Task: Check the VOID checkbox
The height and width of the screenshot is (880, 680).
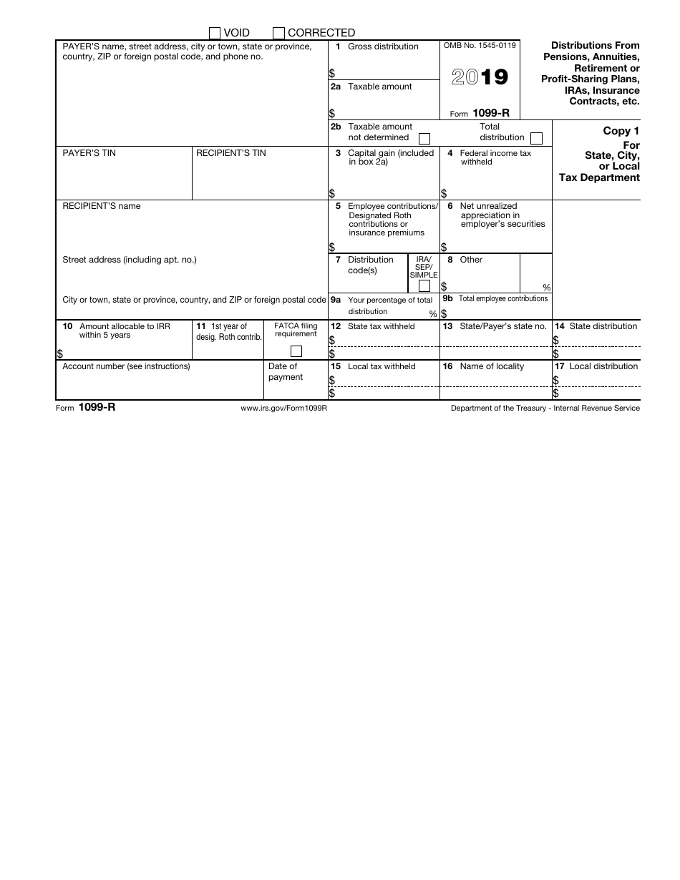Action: point(215,33)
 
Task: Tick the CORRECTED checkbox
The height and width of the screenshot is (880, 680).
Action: point(279,33)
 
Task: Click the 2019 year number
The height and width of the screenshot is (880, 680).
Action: point(480,77)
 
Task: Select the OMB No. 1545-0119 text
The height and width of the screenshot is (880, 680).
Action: point(480,46)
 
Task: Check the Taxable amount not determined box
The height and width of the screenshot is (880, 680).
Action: point(424,138)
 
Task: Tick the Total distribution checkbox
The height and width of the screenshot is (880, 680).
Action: point(536,138)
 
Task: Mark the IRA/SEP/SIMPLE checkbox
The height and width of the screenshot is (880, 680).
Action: point(424,286)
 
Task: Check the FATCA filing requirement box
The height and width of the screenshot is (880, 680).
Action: point(296,351)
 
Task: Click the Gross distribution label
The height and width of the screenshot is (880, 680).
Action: point(383,47)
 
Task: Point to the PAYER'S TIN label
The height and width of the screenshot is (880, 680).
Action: point(89,153)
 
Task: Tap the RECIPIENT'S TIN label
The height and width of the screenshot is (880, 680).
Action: point(230,153)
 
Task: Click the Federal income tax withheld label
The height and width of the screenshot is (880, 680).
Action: point(495,157)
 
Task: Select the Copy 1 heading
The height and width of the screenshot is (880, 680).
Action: point(616,131)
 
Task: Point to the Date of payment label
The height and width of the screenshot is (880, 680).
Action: point(285,371)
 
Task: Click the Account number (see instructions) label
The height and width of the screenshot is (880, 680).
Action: point(126,366)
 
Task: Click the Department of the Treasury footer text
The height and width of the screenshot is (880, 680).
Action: point(545,408)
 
